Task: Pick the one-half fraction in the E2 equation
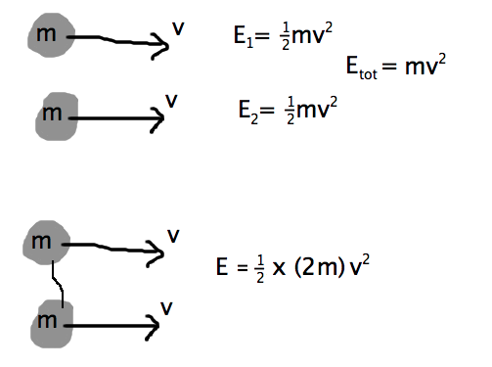(288, 108)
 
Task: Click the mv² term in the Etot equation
(427, 65)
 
